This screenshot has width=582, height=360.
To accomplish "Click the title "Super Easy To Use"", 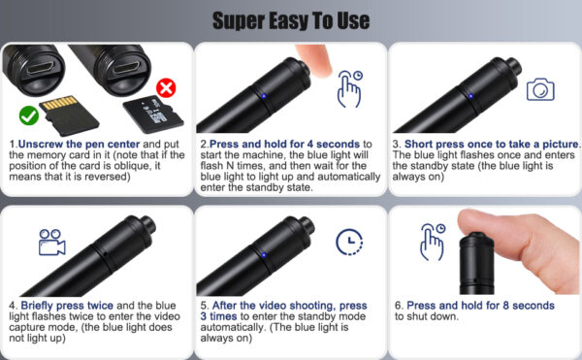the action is [291, 20].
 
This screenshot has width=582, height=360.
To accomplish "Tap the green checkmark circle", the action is [28, 115].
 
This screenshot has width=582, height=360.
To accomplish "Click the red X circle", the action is [166, 88].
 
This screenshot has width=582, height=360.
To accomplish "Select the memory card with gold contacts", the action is [69, 115].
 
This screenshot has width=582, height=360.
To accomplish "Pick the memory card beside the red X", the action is [153, 115].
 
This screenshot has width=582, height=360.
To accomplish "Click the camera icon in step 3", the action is [540, 89].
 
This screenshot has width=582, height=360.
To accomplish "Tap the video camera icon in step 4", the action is [52, 242].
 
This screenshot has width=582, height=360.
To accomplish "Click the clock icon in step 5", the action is [349, 242].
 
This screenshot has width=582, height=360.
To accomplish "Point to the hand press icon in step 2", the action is [349, 88].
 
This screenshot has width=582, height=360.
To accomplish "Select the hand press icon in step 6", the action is [433, 242].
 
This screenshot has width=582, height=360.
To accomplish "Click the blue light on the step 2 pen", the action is [264, 96].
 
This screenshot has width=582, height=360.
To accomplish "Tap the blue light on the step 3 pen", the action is [470, 96].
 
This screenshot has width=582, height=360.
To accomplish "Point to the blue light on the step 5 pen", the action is [264, 254].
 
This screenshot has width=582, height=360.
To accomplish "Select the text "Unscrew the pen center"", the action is [80, 144].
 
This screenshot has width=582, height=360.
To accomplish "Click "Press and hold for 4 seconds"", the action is [284, 144].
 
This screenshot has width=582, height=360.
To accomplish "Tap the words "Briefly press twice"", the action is [67, 306].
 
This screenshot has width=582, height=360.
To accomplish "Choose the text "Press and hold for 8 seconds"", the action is [481, 306].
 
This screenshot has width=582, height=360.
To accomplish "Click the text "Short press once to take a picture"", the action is [492, 144].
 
